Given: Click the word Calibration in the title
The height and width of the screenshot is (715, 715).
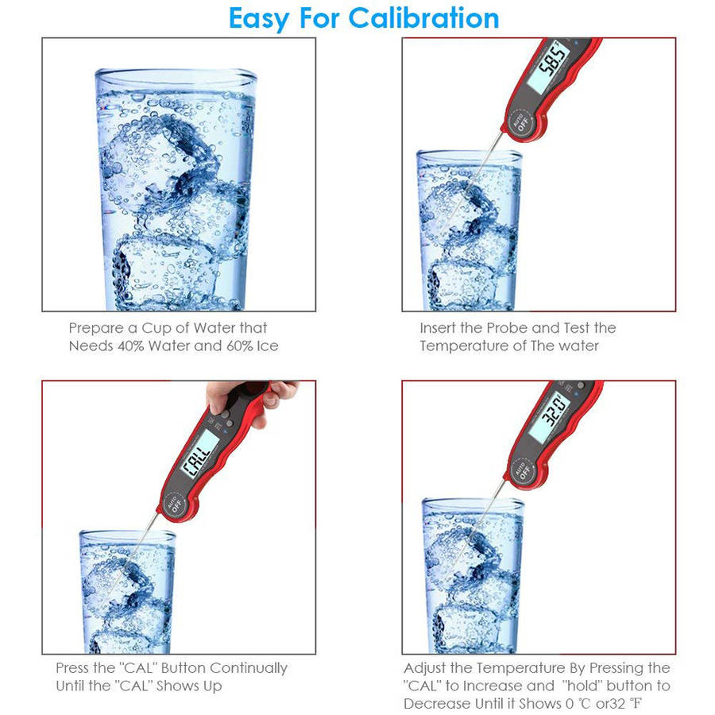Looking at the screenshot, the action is pyautogui.click(x=423, y=18).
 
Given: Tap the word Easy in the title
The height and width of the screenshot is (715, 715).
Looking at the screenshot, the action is pyautogui.click(x=259, y=19).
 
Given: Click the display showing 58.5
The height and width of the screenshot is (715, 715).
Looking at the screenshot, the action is pyautogui.click(x=549, y=67).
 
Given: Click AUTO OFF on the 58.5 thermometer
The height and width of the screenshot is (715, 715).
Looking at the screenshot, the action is pyautogui.click(x=522, y=122).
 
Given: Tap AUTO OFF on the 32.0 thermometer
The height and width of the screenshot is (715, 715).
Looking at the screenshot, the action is pyautogui.click(x=523, y=471).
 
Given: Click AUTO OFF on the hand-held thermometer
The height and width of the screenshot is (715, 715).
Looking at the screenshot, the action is pyautogui.click(x=175, y=504).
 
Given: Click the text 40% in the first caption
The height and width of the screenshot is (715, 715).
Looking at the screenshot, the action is pyautogui.click(x=131, y=346).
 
